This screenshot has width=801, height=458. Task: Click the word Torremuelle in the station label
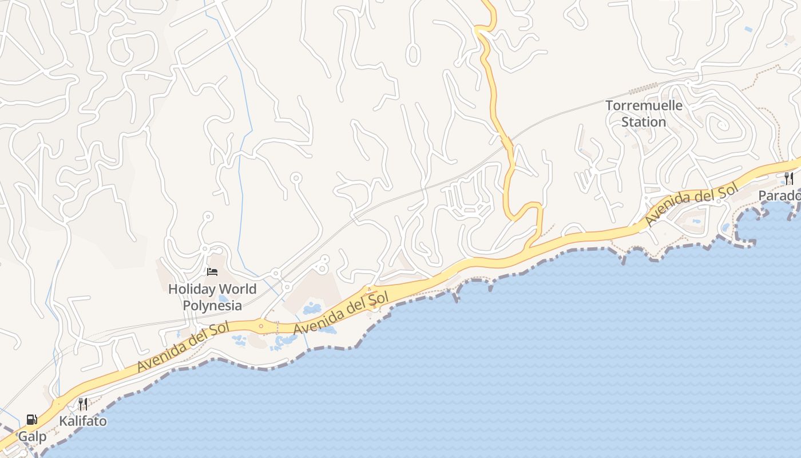(644, 106)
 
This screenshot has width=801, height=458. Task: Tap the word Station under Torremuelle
(644, 122)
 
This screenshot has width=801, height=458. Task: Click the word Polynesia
(212, 305)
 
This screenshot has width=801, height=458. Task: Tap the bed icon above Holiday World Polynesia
(212, 271)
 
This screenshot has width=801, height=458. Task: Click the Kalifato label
(83, 421)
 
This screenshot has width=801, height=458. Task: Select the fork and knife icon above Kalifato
(83, 404)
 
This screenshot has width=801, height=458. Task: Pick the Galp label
(32, 437)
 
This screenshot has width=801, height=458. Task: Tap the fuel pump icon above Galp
(32, 420)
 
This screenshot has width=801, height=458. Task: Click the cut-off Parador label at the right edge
(779, 196)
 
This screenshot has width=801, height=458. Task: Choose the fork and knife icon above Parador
(789, 178)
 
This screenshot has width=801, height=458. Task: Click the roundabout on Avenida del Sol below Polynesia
(261, 326)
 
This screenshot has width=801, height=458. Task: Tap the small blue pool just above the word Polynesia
(223, 298)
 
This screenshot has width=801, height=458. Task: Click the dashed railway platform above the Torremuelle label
(644, 89)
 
